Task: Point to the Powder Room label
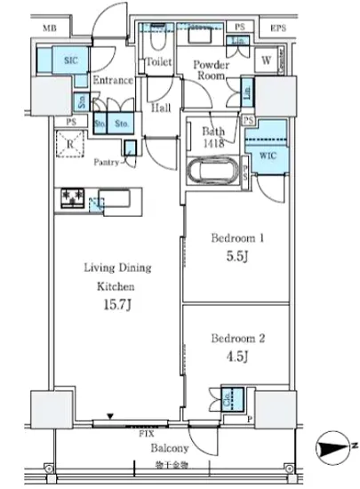tap(212, 69)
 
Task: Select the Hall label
tap(159, 107)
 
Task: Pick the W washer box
tap(266, 61)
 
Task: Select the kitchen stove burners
tap(70, 200)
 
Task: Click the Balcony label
tap(166, 450)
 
